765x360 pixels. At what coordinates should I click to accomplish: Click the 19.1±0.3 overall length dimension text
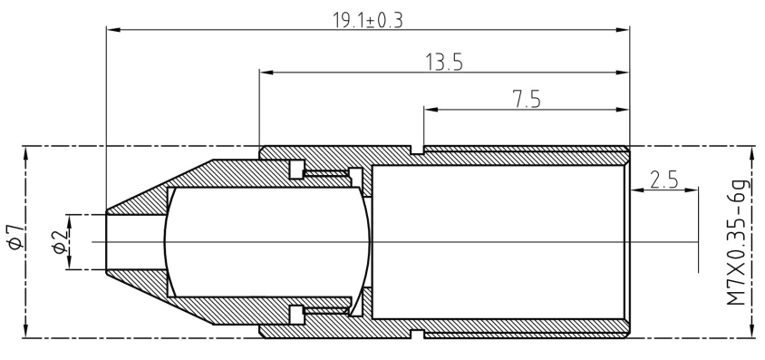point(368,20)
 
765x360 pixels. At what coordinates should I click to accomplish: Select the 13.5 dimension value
point(444,63)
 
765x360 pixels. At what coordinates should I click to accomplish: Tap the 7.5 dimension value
point(527,100)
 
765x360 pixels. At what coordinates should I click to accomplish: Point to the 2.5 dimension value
point(664,180)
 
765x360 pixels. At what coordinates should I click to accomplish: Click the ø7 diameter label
point(15,237)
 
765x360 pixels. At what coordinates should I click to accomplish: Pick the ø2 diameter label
point(60,242)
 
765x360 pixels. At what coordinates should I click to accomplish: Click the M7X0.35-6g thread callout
point(737,242)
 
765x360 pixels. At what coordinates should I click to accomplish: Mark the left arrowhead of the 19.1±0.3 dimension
point(113,30)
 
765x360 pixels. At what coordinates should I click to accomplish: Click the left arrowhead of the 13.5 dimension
point(266,73)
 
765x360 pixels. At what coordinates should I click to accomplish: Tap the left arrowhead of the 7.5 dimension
point(431,109)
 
